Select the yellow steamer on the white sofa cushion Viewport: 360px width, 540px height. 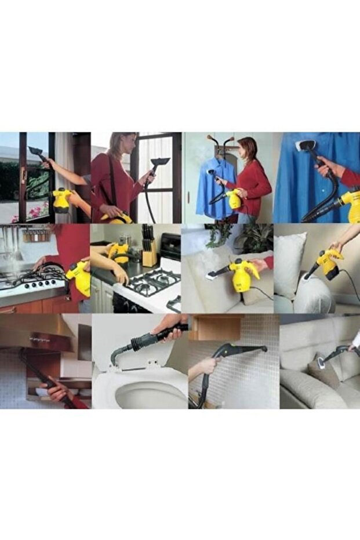242,275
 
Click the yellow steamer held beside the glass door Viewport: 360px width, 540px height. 61,200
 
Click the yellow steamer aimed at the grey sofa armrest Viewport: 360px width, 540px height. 328,263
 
